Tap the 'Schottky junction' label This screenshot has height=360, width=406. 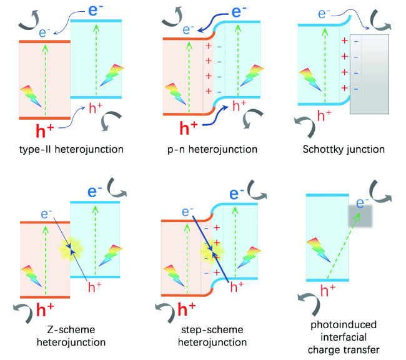coord(344,149)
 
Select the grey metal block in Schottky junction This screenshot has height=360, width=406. coord(369,74)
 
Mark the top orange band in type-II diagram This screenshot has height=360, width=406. coord(44,42)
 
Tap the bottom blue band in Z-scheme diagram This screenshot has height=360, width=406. coord(95,276)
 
